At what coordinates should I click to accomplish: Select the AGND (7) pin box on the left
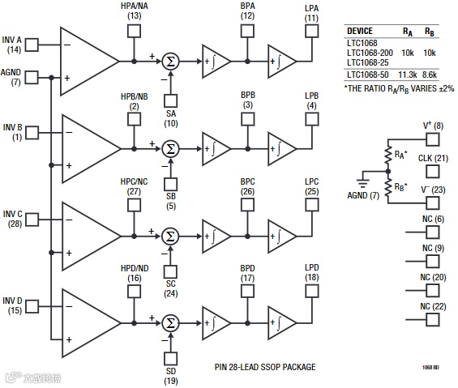tap(33, 79)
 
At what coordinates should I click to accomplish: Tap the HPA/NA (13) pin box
tap(135, 32)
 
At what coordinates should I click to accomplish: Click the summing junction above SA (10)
tap(170, 61)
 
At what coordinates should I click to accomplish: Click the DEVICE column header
tap(360, 31)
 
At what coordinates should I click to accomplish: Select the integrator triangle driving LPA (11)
tap(281, 61)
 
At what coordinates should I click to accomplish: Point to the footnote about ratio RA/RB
tap(398, 87)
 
